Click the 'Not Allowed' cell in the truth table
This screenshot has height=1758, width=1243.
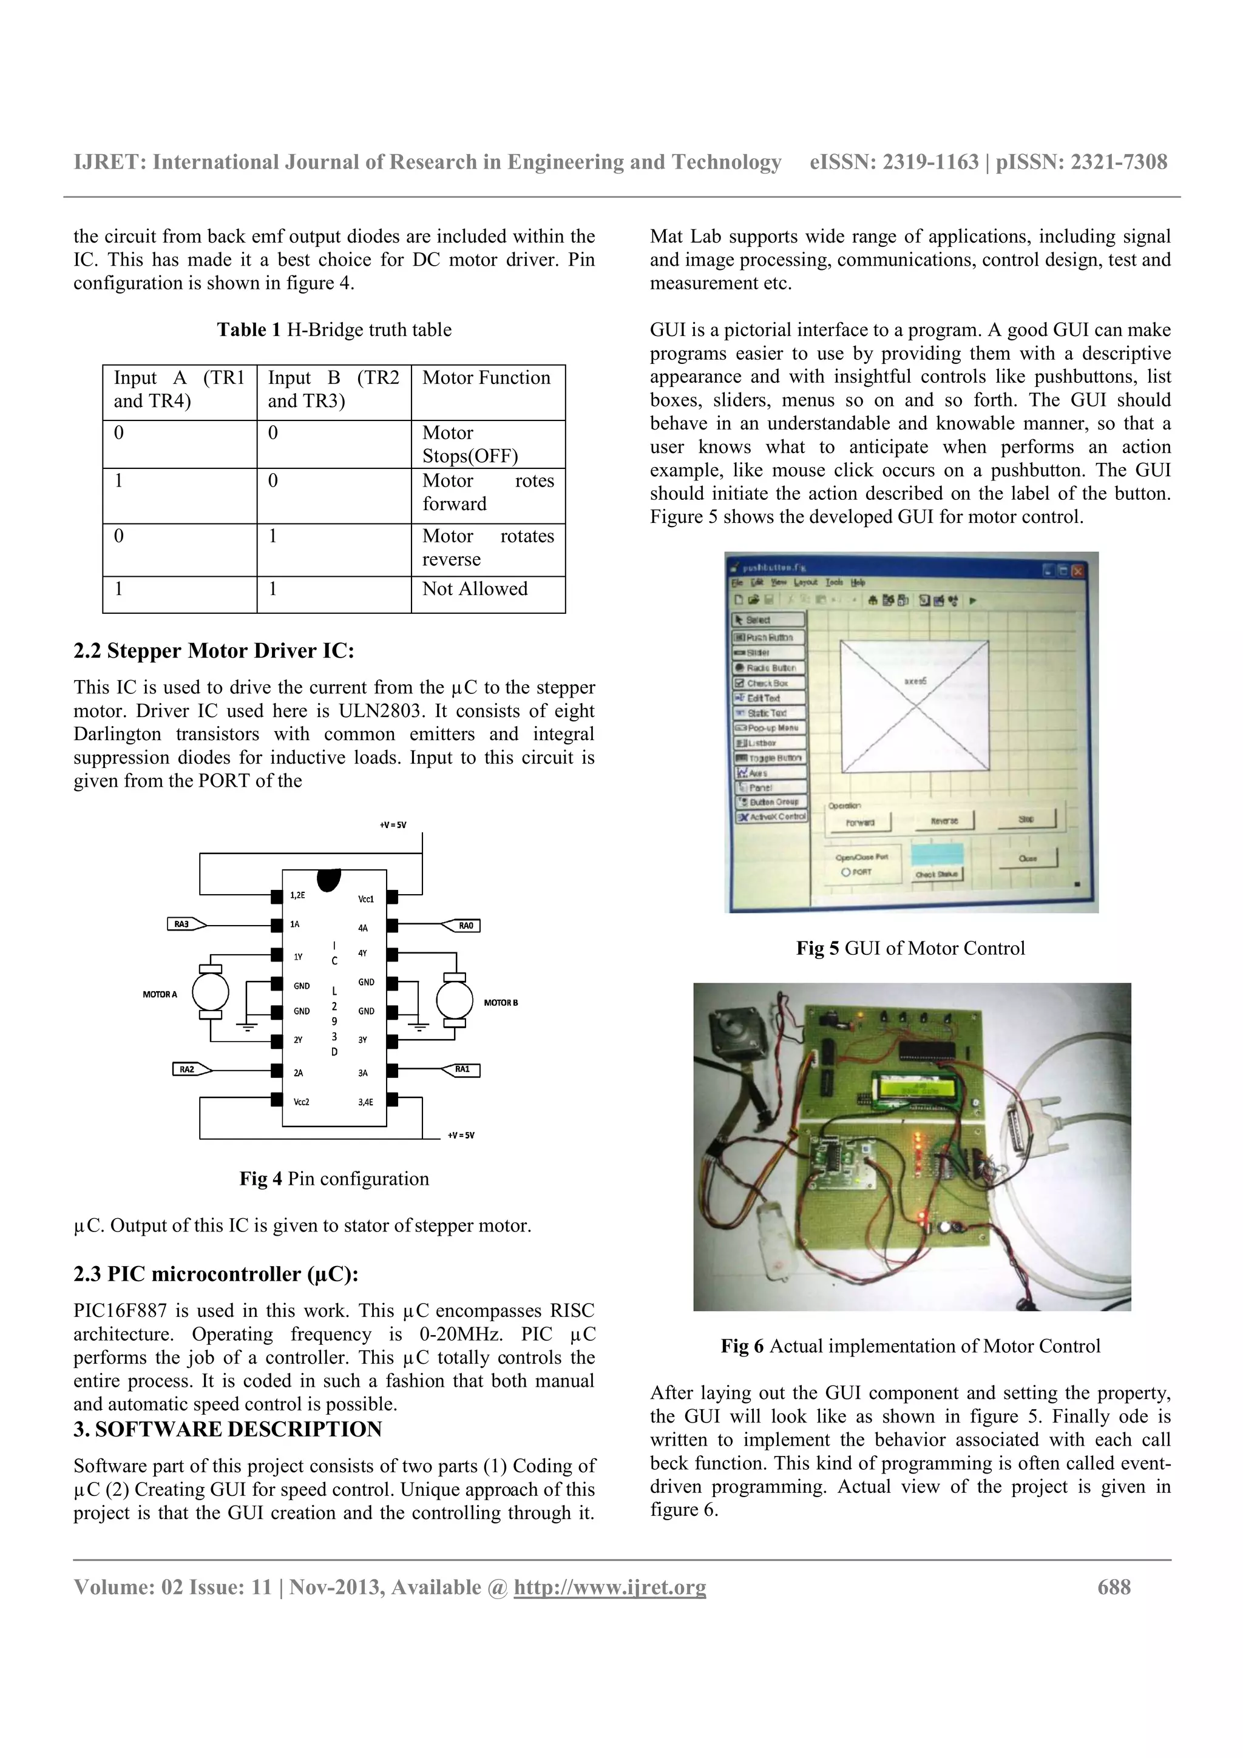(x=475, y=589)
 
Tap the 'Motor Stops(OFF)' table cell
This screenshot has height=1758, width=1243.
(x=470, y=444)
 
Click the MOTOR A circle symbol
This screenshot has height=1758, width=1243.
(x=211, y=993)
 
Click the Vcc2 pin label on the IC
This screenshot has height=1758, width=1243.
(x=302, y=1102)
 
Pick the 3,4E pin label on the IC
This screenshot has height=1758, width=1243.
(x=366, y=1102)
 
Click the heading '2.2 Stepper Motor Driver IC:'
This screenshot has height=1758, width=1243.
(x=214, y=651)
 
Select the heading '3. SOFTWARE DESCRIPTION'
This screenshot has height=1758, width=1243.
(x=228, y=1430)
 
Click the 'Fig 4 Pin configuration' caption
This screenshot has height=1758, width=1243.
(x=334, y=1179)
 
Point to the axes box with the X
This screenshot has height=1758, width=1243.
(x=915, y=706)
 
